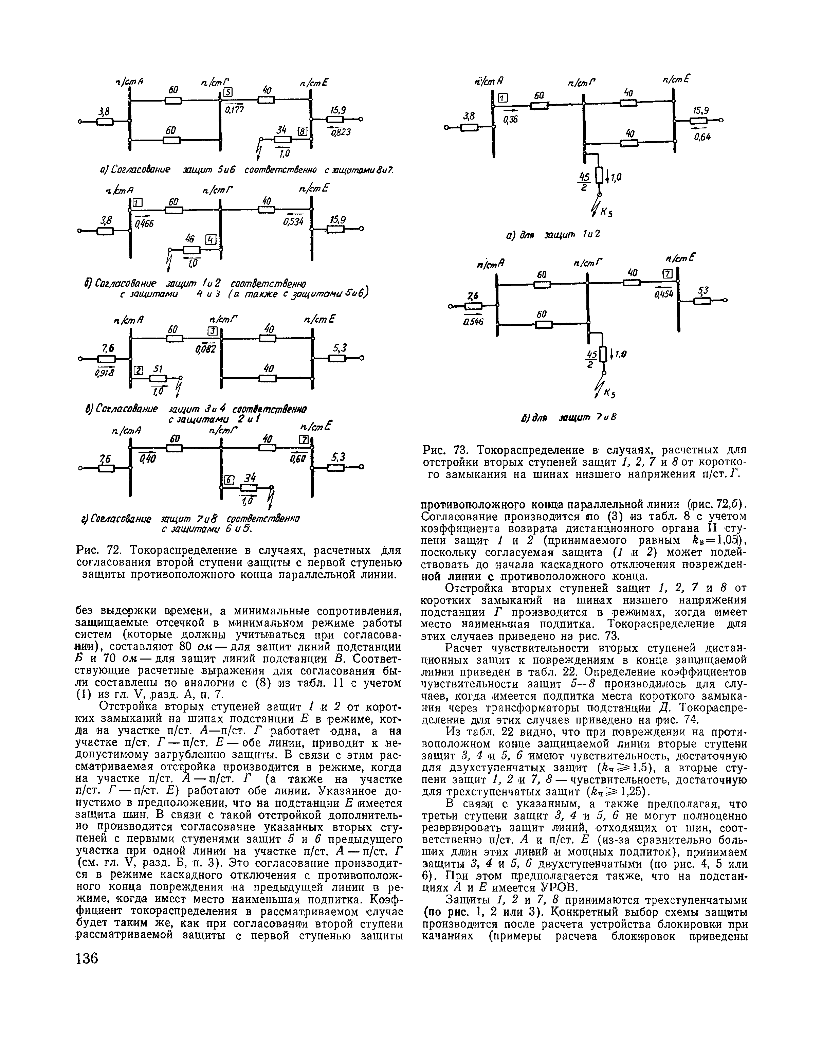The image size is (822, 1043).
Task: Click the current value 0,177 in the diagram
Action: (x=234, y=110)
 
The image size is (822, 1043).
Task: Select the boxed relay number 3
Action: (x=212, y=331)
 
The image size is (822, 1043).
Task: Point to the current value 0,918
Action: (x=103, y=374)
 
